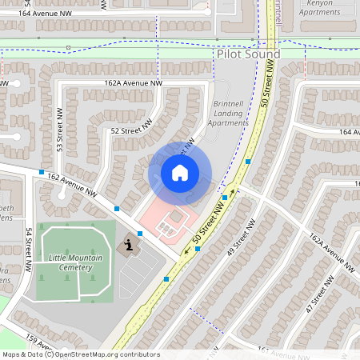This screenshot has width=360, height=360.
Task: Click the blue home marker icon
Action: [180, 172]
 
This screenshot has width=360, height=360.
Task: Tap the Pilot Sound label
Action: [248, 54]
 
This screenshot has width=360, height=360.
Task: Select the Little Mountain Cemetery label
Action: [70, 262]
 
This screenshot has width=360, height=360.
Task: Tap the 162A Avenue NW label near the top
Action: [133, 82]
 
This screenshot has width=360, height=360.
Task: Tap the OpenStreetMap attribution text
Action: [80, 354]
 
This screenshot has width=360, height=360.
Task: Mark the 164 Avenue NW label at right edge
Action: [349, 132]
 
